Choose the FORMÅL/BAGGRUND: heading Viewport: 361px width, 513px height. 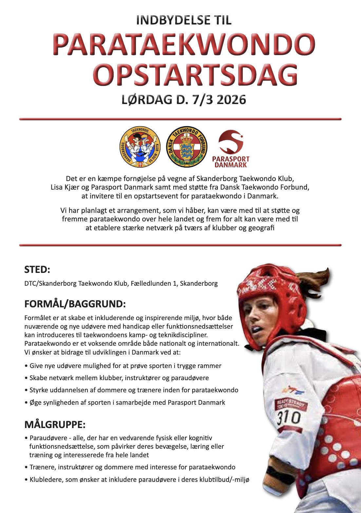point(75,304)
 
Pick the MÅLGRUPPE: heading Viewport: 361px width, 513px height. point(55,425)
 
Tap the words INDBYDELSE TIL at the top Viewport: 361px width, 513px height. point(183,20)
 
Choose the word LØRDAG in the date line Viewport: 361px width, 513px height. point(146,99)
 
